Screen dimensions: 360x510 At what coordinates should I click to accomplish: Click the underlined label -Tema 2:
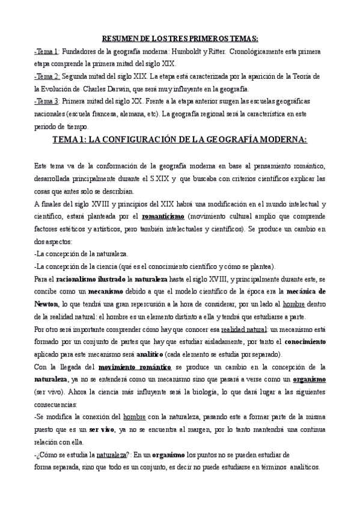(x=47, y=78)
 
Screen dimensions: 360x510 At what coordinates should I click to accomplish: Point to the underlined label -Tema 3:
(x=47, y=102)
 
